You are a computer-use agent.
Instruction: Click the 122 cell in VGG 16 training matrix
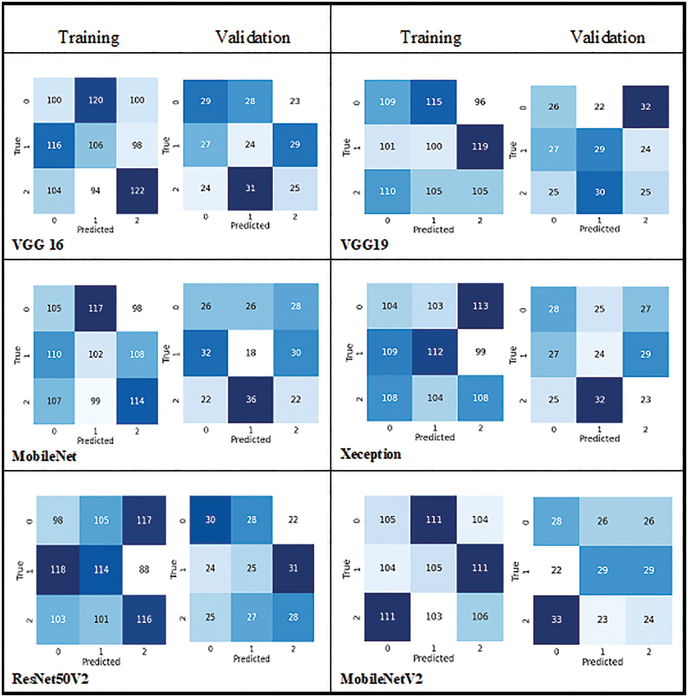point(137,191)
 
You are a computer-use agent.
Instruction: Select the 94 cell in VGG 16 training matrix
point(95,191)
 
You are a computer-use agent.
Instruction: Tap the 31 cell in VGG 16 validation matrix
point(250,188)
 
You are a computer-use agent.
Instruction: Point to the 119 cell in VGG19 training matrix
point(480,147)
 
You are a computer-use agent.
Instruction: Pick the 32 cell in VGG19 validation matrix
point(645,107)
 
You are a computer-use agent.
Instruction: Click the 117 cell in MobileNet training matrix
point(95,308)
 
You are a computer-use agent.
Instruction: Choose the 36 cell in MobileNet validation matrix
point(251,399)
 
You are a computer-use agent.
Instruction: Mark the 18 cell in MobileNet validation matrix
point(251,352)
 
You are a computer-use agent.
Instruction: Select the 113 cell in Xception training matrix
point(480,306)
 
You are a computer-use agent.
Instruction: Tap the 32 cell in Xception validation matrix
point(599,399)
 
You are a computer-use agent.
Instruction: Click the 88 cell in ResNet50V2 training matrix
point(144,569)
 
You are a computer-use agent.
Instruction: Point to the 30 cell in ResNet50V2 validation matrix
point(210,520)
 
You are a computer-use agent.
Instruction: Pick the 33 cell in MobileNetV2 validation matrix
point(556,619)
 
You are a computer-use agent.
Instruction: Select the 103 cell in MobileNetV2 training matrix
point(433,616)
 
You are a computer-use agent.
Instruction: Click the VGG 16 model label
point(38,245)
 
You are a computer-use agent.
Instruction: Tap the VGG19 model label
point(364,245)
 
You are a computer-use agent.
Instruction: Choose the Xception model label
point(370,454)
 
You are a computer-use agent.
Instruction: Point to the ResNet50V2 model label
point(50,679)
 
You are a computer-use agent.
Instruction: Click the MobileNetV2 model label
point(381,679)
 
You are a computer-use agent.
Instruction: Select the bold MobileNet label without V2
point(44,456)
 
